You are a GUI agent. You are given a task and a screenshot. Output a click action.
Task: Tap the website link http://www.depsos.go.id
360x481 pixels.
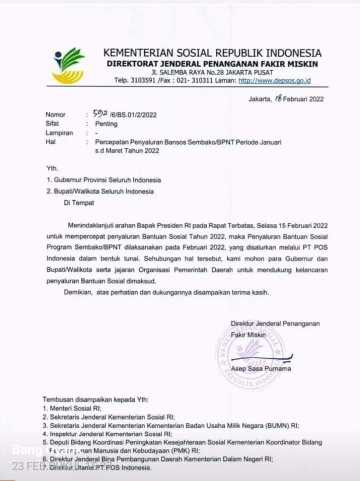click(274, 80)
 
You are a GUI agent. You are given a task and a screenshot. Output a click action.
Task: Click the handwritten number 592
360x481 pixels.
click(94, 113)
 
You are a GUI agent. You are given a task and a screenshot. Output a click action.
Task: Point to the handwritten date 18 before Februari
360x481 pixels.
click(278, 98)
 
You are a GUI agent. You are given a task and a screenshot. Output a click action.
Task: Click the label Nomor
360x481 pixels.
click(55, 114)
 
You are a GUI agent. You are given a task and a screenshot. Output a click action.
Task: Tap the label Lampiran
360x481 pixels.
click(59, 133)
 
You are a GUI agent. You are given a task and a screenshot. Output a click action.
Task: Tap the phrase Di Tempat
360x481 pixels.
click(78, 202)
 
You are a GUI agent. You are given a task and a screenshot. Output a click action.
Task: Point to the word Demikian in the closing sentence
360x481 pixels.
click(78, 292)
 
